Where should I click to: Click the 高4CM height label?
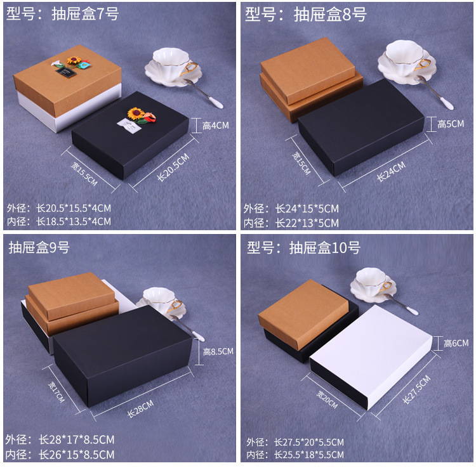[x=215, y=126]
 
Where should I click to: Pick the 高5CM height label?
[x=451, y=124]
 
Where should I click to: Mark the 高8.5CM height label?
[x=218, y=351]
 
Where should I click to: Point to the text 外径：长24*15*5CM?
[x=291, y=209]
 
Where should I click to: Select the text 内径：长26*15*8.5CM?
[x=60, y=454]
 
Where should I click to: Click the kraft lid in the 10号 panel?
[x=303, y=313]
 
